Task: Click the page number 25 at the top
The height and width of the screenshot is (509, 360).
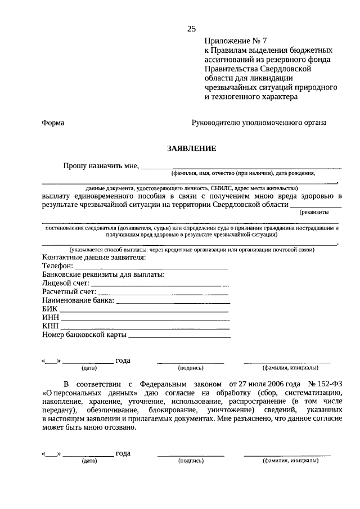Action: coord(191,29)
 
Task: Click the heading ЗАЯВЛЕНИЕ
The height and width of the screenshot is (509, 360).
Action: coord(191,148)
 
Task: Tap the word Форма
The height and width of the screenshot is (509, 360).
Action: coord(53,123)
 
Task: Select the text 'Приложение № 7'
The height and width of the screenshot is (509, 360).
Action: coord(231,41)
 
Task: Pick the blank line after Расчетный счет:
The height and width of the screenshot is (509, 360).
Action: coord(163,293)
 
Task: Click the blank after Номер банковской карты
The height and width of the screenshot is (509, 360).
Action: coord(179,336)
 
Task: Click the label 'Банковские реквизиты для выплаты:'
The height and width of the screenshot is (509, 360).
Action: coord(103,275)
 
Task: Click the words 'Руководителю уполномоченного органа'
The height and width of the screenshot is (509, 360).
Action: coord(259,123)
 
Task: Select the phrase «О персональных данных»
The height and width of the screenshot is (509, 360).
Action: coord(89,392)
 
